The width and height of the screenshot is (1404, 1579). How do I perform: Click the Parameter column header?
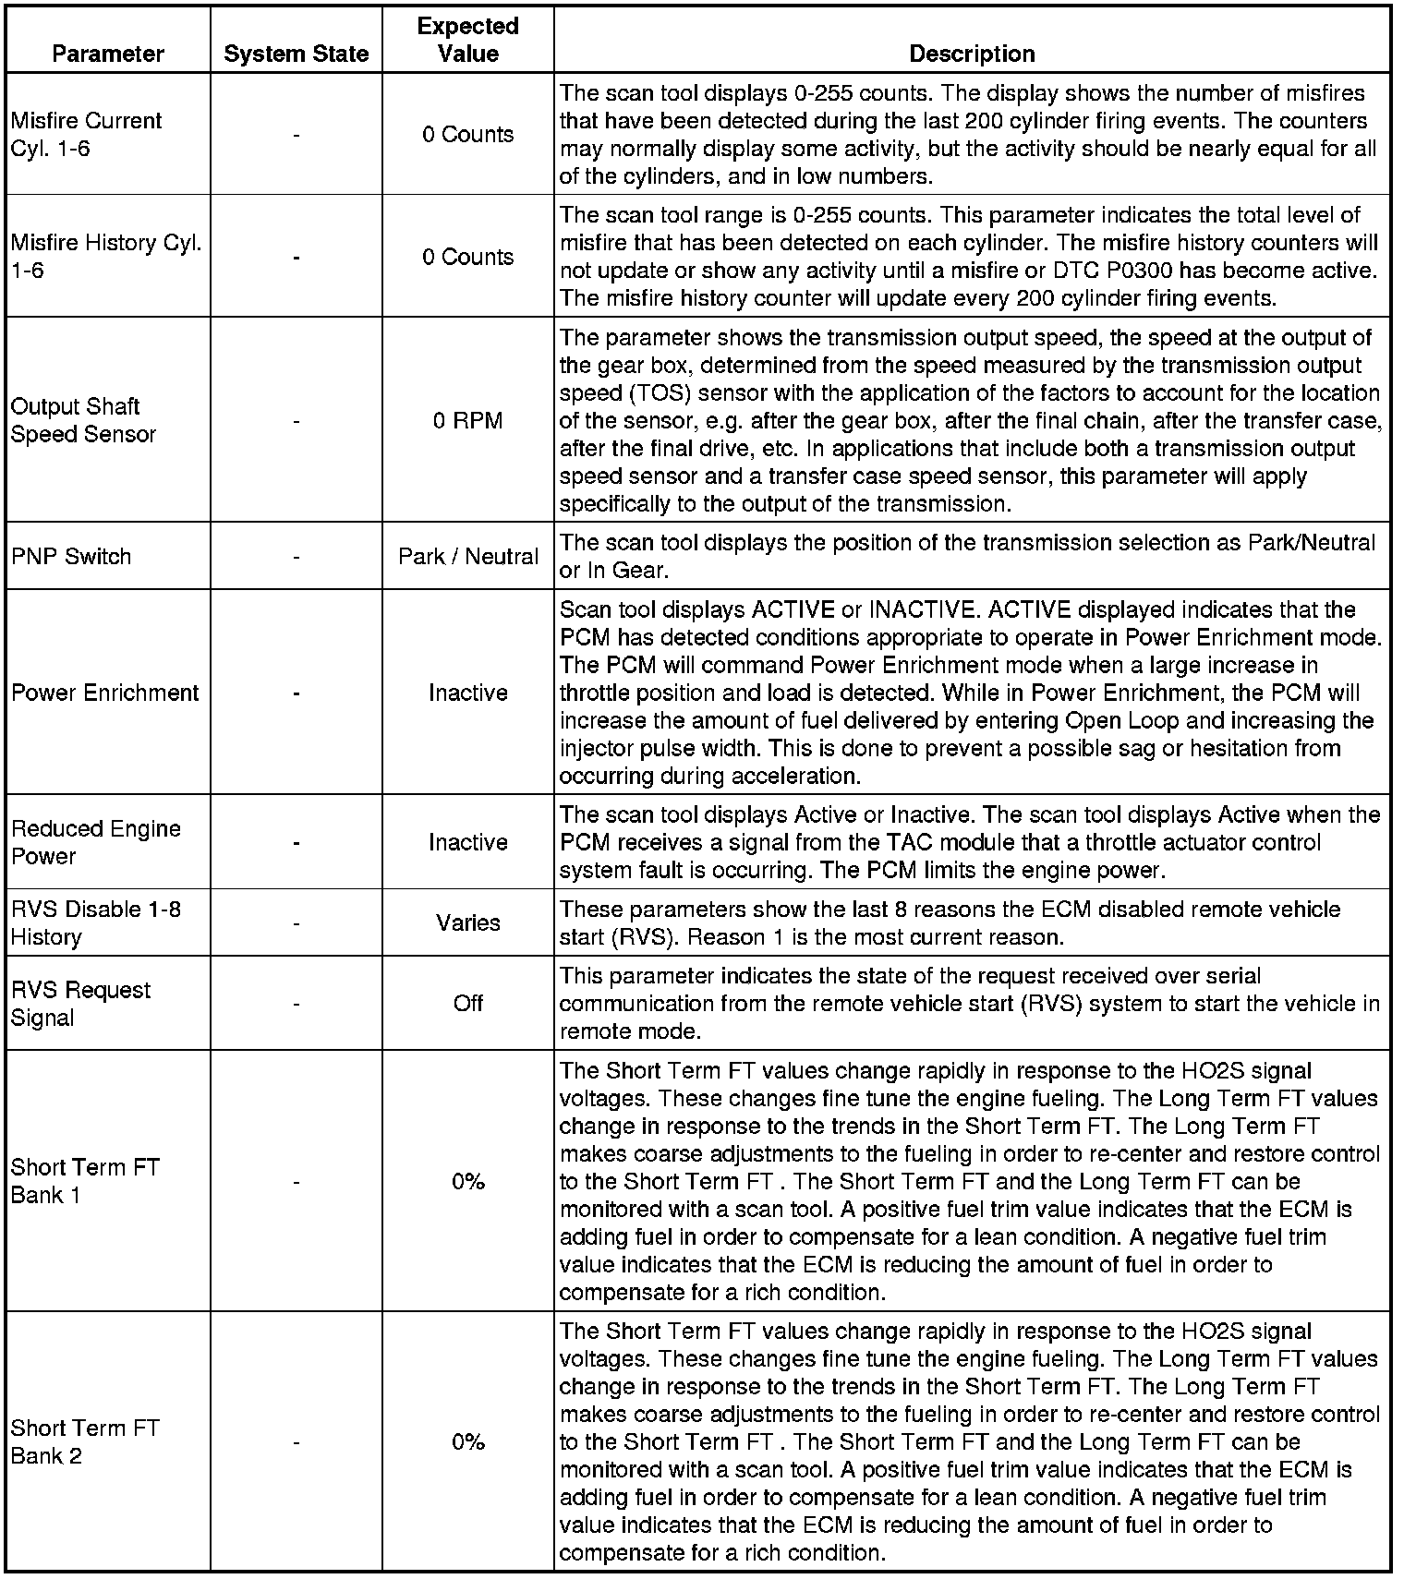click(x=108, y=54)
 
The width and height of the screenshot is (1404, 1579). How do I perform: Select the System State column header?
click(x=296, y=54)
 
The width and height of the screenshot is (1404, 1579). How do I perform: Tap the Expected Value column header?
click(x=468, y=40)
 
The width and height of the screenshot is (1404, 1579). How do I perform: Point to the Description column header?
click(x=972, y=54)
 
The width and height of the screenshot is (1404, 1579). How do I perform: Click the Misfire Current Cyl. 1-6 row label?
click(x=86, y=134)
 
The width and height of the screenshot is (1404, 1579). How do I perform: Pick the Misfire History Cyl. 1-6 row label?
click(x=105, y=257)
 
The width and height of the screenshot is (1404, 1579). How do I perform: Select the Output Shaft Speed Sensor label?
click(x=83, y=420)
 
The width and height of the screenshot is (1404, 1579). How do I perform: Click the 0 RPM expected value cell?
click(x=468, y=421)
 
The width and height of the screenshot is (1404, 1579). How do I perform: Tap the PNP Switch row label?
click(x=71, y=556)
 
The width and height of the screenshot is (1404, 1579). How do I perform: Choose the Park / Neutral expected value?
click(x=468, y=556)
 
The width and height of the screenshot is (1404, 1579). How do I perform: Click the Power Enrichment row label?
click(x=104, y=693)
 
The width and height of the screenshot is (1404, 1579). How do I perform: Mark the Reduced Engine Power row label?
click(x=95, y=842)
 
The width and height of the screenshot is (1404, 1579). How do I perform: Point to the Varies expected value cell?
click(x=468, y=922)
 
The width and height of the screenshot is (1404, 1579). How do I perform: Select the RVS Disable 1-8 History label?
click(x=95, y=922)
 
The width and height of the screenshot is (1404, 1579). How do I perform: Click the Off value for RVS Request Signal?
click(x=468, y=1003)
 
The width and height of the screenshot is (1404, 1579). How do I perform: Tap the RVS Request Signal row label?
click(x=80, y=1003)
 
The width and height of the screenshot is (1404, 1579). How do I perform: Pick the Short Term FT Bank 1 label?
click(x=85, y=1181)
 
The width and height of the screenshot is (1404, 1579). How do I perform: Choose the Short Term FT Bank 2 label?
click(x=85, y=1441)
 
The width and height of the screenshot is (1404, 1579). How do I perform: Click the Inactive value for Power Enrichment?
click(x=468, y=693)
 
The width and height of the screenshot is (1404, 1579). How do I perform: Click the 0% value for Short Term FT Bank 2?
click(x=468, y=1441)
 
